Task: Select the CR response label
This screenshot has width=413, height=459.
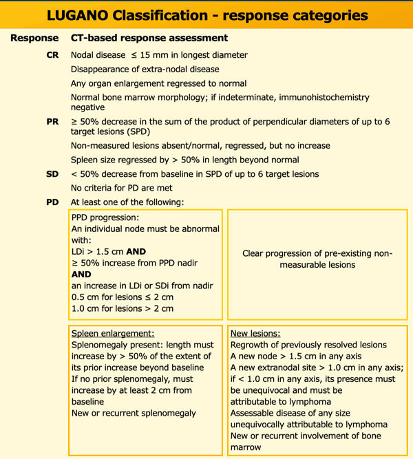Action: [52, 55]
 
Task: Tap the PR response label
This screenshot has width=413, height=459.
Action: [52, 121]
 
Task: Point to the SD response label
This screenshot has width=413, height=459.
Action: [52, 174]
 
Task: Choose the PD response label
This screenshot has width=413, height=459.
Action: [52, 202]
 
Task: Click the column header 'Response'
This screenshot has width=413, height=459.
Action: [34, 38]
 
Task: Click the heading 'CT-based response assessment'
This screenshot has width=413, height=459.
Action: [149, 38]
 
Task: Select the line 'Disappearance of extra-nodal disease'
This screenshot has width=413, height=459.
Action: [145, 69]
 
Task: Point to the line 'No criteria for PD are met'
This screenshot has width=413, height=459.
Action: [131, 188]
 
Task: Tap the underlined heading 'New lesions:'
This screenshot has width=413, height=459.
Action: [255, 333]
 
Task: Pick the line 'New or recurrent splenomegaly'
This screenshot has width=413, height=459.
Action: [134, 413]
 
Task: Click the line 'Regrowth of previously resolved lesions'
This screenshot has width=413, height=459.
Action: [308, 345]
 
